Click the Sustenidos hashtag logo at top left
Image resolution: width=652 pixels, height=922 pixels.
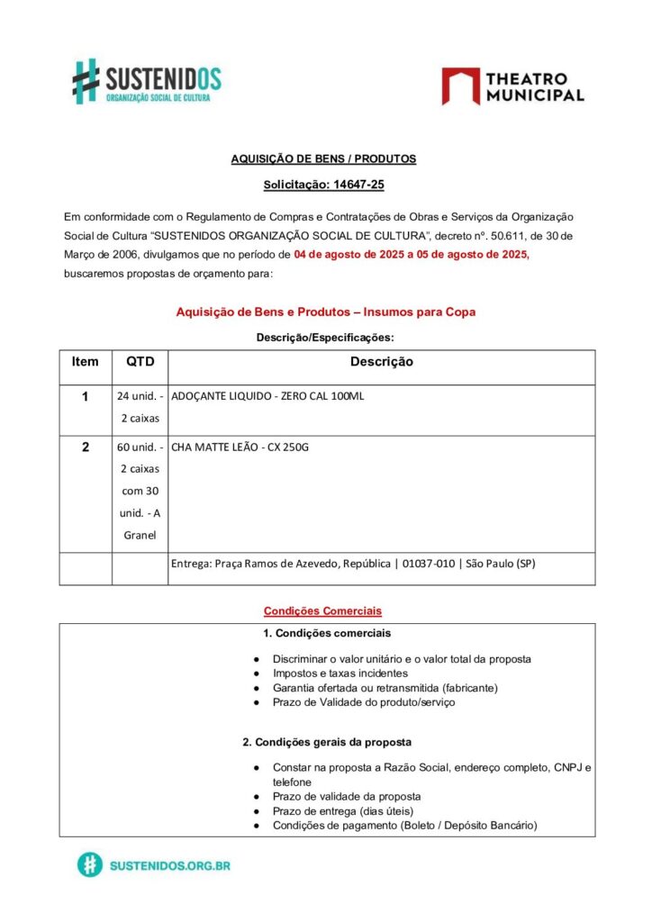click(x=86, y=80)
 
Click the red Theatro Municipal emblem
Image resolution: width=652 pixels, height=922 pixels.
click(x=459, y=86)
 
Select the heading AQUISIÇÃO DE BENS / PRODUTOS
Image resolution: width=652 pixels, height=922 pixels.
click(x=323, y=158)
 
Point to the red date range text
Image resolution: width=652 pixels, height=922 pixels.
click(x=411, y=255)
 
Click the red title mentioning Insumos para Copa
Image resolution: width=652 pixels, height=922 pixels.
click(x=325, y=312)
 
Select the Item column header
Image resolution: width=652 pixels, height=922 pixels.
click(x=86, y=362)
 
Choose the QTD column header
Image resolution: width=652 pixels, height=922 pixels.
click(x=140, y=362)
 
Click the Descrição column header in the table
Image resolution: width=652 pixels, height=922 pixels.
click(x=381, y=362)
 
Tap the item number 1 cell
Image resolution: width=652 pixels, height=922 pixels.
click(x=86, y=396)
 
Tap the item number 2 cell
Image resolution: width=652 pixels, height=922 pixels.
click(x=86, y=447)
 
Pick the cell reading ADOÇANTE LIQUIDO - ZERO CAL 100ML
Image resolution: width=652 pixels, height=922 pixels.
click(x=267, y=396)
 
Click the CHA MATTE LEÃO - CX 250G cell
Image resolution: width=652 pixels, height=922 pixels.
click(x=240, y=447)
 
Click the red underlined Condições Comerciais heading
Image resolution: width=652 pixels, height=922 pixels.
click(x=322, y=611)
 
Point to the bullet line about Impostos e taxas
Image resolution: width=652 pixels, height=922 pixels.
click(x=340, y=673)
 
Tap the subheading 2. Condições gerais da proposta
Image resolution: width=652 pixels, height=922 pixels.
click(x=327, y=742)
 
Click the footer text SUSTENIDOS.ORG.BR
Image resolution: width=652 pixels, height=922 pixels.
click(x=169, y=865)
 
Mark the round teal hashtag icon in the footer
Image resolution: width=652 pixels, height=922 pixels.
click(x=89, y=865)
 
